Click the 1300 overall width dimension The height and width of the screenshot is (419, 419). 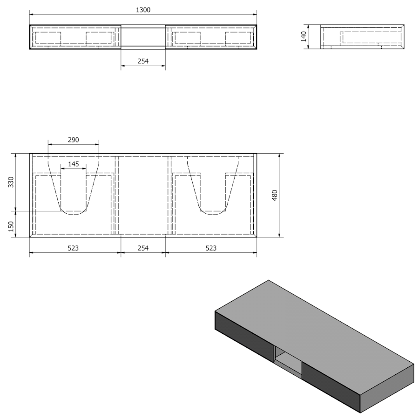click(x=143, y=10)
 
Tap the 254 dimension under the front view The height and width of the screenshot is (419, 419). click(x=143, y=61)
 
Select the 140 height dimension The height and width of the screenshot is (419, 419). click(x=304, y=36)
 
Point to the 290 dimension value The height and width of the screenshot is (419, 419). click(x=74, y=140)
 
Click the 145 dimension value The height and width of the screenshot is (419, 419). click(x=74, y=164)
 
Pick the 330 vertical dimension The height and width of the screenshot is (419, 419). click(x=11, y=182)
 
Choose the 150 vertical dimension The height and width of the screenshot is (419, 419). click(x=11, y=226)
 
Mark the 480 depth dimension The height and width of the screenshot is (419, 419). click(x=274, y=196)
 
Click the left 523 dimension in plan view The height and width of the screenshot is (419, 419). click(x=73, y=248)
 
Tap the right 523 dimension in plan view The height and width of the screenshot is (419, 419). click(x=211, y=248)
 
